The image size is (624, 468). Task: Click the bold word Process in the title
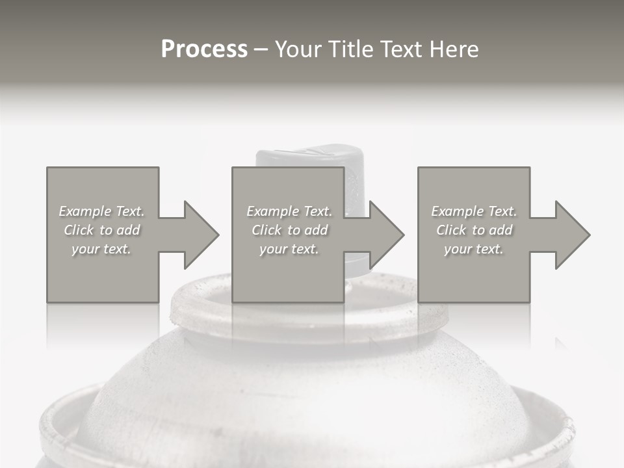(204, 49)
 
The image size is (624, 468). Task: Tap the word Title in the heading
(352, 49)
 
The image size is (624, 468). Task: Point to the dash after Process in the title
(261, 50)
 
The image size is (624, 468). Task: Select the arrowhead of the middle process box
(385, 235)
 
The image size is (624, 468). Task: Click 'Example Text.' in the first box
(101, 211)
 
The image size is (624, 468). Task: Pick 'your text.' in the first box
(101, 249)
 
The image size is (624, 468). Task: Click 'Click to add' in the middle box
(289, 230)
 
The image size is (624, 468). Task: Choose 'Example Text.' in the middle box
(289, 211)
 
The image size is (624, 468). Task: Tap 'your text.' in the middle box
(289, 249)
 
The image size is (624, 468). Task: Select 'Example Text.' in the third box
(474, 211)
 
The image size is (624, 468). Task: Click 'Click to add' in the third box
(474, 230)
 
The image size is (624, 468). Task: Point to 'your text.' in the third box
(474, 249)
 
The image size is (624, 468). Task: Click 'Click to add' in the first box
(101, 230)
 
